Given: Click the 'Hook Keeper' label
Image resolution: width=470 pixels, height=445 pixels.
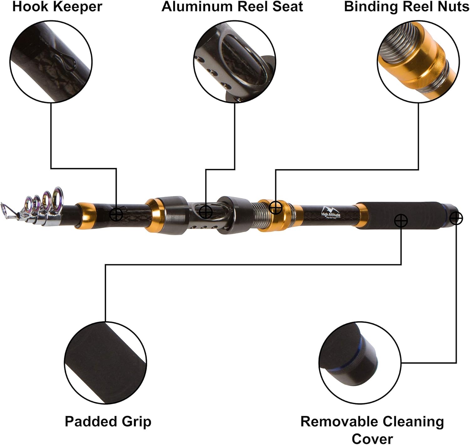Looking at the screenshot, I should tap(57, 7).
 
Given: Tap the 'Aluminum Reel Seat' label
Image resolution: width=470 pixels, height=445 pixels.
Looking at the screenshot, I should tap(232, 7).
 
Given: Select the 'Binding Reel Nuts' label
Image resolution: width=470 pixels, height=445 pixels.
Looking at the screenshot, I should tap(406, 7).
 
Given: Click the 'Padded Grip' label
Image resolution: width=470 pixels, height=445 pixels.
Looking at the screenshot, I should tap(108, 421).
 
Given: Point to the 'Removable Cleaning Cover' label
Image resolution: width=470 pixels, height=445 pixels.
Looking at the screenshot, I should tap(372, 429).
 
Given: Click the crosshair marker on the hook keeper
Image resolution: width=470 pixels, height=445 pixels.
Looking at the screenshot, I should tap(116, 215).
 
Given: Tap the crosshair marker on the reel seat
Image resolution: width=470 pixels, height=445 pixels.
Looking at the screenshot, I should tap(206, 212).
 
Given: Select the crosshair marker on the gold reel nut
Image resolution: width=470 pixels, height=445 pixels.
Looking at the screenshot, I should tap(275, 208).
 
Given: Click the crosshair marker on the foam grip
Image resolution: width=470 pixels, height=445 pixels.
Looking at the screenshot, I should tap(401, 221).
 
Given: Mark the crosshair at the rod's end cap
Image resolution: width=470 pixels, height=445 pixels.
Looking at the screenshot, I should tap(456, 218).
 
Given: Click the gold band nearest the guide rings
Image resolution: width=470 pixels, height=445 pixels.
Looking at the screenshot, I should tap(86, 216).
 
